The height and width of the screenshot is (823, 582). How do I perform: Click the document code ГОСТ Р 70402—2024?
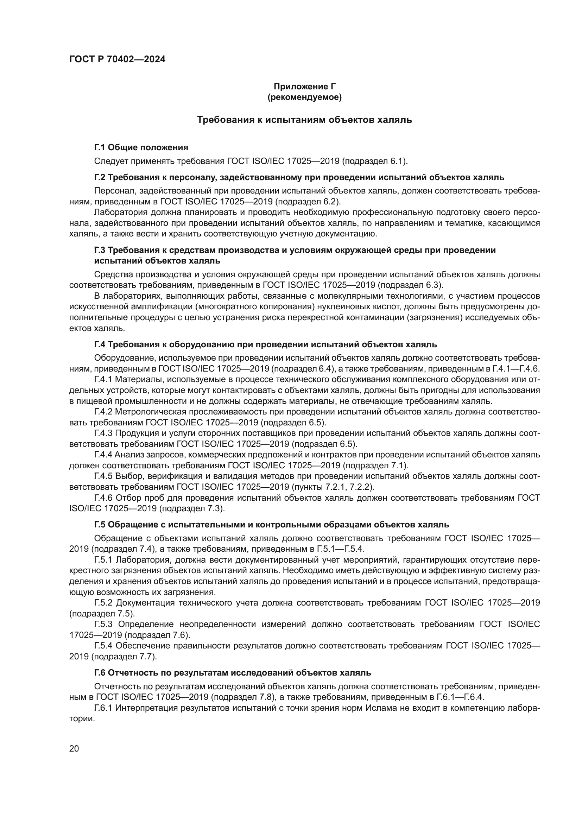(117, 59)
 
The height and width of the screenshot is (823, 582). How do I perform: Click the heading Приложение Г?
(305, 87)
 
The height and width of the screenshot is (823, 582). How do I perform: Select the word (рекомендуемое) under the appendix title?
(305, 97)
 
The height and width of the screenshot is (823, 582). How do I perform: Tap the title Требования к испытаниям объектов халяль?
(305, 120)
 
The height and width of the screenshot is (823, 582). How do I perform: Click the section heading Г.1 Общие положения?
(141, 147)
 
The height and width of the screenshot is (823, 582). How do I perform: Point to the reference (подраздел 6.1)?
(374, 161)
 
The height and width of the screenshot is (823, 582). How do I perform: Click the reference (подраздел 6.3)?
(411, 285)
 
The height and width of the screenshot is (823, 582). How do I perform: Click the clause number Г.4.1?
(103, 379)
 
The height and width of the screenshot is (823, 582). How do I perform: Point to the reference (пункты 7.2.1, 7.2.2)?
(333, 487)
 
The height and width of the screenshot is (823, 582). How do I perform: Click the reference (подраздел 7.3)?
(192, 508)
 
